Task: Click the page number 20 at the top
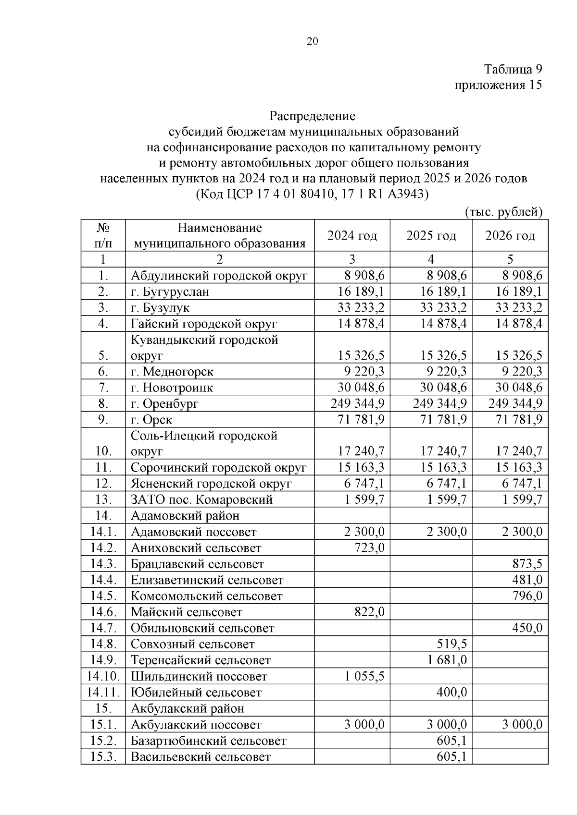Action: pos(312,41)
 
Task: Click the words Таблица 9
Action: pos(513,69)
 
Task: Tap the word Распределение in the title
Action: pos(312,116)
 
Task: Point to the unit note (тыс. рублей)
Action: pos(503,212)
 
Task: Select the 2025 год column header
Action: pos(431,236)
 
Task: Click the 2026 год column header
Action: pos(510,236)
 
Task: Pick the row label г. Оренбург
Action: pos(164,403)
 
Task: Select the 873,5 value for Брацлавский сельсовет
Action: pos(527,564)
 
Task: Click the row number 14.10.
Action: pos(103,676)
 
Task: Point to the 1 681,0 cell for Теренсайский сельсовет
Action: pos(447,660)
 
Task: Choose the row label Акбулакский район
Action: pos(187,708)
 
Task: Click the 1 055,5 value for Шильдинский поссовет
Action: pos(364,676)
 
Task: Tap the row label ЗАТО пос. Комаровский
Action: pos(201,499)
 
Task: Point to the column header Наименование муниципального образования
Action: pos(220,235)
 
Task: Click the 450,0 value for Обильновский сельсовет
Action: pos(527,628)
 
